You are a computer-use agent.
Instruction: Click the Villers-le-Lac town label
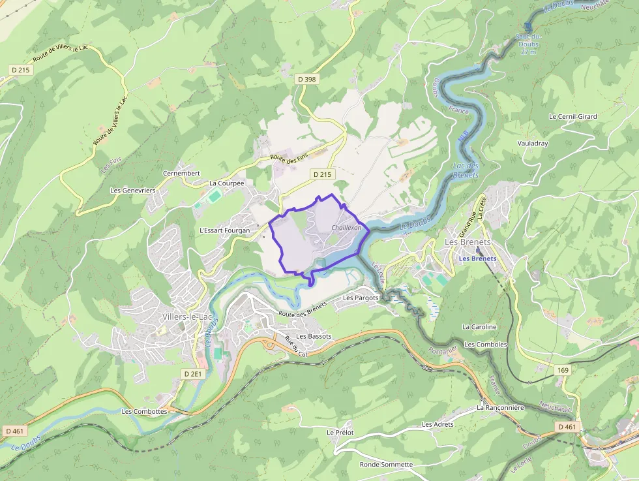pos(186,317)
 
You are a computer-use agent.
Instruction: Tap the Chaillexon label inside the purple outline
pos(346,227)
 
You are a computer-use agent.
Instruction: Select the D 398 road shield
pos(306,80)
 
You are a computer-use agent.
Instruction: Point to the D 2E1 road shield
pos(194,374)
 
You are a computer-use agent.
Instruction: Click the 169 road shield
pos(563,370)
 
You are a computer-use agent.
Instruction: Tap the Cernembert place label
pos(181,174)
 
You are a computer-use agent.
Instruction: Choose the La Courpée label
pos(226,183)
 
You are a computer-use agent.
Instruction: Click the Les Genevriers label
pos(133,191)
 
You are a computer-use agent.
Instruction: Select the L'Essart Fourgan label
pos(224,230)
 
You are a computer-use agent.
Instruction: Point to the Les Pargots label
pos(361,298)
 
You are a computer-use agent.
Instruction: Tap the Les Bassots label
pos(314,336)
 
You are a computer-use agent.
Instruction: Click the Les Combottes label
pos(144,412)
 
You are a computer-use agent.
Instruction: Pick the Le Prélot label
pos(340,432)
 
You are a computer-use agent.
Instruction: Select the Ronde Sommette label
pos(386,465)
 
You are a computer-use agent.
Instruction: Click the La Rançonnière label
pos(500,407)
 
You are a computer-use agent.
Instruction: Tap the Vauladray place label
pos(533,143)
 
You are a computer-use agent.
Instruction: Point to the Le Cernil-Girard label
pos(572,117)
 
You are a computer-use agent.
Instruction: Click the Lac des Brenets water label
pos(466,170)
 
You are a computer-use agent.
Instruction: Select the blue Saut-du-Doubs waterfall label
pos(528,44)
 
